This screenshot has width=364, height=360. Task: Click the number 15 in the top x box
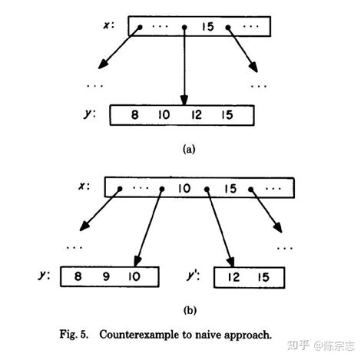point(207,26)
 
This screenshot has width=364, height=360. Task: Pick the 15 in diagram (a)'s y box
point(225,116)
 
